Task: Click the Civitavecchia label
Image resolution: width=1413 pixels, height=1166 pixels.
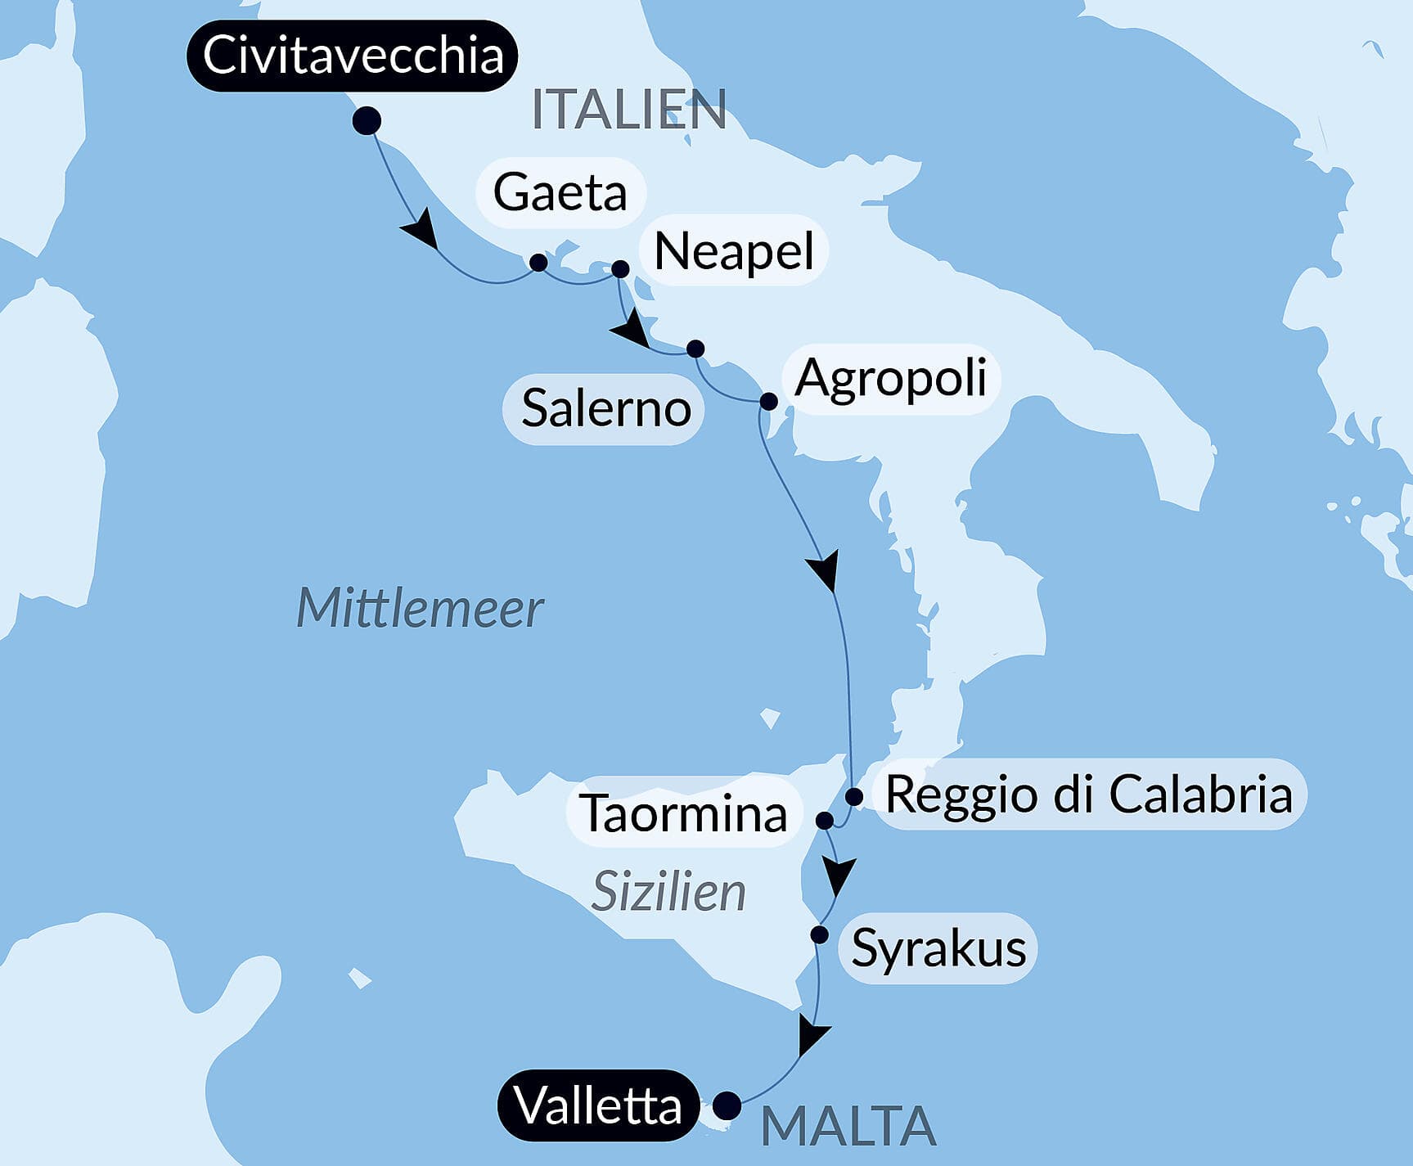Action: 352,56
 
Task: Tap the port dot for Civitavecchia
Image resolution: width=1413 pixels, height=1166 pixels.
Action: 367,121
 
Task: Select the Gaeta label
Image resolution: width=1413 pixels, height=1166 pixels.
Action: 560,192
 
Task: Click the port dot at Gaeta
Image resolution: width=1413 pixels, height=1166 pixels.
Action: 538,263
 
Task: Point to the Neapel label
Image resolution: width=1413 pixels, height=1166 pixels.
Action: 734,250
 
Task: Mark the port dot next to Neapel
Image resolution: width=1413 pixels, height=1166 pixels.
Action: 620,269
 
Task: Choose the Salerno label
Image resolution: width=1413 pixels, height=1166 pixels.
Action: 605,408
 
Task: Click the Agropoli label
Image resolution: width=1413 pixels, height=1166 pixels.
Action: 890,378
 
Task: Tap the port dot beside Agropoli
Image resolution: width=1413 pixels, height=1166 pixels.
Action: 768,401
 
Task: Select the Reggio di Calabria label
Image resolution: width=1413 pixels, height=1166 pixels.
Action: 1088,794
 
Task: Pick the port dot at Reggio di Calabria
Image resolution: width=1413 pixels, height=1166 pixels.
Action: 854,796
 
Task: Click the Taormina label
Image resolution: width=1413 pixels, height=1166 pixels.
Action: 683,813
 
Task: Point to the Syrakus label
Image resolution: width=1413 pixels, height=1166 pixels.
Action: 938,948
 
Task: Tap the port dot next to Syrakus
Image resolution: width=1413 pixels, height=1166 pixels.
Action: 819,934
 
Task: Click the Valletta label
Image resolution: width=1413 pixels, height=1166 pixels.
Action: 598,1106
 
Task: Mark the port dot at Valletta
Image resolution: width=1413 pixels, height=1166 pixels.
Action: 727,1105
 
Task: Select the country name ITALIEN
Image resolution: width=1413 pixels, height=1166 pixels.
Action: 628,110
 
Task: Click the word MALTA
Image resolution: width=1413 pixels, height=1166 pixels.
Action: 848,1127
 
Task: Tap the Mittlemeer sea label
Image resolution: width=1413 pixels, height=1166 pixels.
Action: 419,608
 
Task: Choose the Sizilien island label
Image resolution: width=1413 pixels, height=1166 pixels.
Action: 668,891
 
